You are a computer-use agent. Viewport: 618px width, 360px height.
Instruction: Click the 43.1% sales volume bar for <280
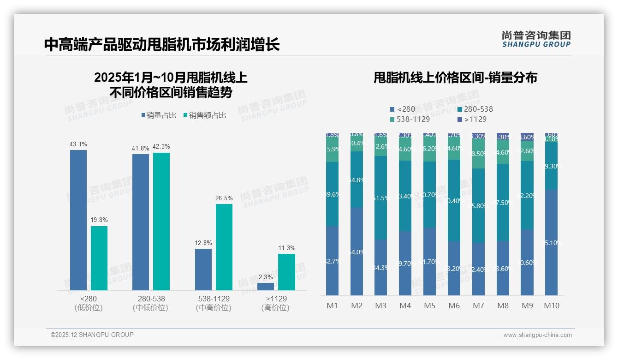78,220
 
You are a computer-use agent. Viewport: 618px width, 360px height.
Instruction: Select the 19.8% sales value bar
99,258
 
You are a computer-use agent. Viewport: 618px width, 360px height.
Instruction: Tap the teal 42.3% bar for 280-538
161,221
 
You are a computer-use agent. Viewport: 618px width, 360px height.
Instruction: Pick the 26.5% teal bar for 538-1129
224,247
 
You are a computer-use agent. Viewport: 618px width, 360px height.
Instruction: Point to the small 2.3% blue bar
266,286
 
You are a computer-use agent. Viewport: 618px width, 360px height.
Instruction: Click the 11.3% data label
287,248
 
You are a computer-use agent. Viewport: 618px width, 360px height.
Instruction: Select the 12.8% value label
203,243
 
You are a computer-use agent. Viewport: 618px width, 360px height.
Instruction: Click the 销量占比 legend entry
159,115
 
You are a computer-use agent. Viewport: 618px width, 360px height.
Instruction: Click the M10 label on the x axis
552,306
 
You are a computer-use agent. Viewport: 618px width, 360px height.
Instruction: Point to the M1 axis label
333,306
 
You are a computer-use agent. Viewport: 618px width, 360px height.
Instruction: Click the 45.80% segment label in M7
479,206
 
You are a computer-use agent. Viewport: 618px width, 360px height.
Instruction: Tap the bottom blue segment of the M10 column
551,242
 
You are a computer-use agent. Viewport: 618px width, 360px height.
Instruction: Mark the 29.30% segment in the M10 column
551,166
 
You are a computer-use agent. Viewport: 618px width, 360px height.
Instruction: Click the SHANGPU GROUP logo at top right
536,39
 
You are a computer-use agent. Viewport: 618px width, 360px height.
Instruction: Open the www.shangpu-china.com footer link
537,335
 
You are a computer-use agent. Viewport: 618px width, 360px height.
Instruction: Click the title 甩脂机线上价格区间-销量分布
455,78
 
